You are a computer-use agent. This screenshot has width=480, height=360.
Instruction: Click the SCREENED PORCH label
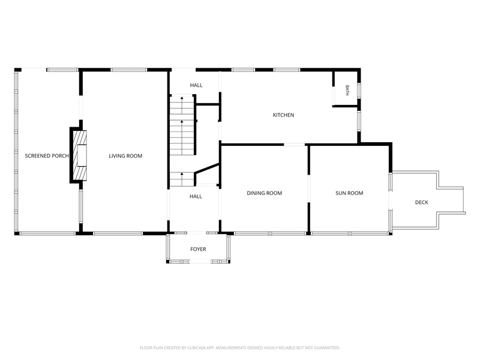pos(47,156)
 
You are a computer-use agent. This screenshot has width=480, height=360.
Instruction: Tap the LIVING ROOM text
pos(125,156)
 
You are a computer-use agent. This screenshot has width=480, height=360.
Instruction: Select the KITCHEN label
pos(283,115)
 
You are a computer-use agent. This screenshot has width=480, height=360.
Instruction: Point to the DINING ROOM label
pos(265,193)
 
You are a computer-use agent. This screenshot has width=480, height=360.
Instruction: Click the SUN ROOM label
pos(349,193)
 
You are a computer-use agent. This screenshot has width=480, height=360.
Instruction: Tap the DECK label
pos(422,202)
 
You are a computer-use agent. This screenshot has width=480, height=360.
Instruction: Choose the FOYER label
pos(198,249)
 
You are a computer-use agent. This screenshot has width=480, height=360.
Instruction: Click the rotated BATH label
pos(347,91)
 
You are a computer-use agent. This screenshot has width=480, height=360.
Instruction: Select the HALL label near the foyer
pos(196,197)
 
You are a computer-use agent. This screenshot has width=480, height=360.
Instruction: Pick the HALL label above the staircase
pos(196,85)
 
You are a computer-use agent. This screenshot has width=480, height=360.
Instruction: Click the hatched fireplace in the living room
pos(80,155)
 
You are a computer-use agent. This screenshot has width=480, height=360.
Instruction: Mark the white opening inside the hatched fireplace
pos(82,155)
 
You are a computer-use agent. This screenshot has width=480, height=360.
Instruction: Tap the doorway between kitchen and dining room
pos(294,145)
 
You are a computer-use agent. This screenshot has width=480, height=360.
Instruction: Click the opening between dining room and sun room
pos(309,189)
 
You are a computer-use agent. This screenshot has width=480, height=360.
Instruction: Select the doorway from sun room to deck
pos(391,200)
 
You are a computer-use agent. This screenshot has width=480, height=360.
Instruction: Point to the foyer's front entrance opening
pos(200,262)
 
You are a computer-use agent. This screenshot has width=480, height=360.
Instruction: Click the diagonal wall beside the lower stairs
pos(207,169)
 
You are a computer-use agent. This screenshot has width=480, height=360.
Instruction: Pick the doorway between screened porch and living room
pos(81,108)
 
